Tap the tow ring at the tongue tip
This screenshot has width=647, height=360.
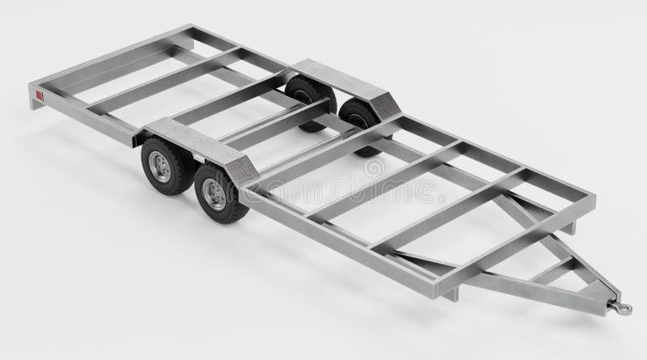[624, 306]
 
